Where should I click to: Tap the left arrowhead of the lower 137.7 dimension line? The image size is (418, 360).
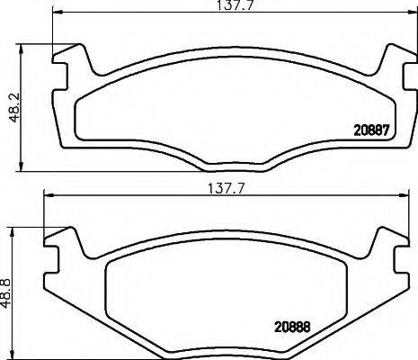click(x=48, y=199)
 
